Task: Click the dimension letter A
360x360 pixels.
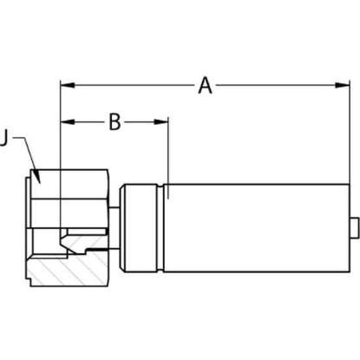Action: (205, 85)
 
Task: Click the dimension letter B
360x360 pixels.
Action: (115, 121)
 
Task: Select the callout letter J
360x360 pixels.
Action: (3, 138)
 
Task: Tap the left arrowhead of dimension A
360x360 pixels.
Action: (68, 85)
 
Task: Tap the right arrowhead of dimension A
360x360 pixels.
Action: (342, 85)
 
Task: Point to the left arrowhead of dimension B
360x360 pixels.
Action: (68, 121)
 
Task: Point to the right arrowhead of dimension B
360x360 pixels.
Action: (161, 121)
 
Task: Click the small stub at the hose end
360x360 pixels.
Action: (354, 228)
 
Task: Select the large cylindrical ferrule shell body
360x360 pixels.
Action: (257, 228)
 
